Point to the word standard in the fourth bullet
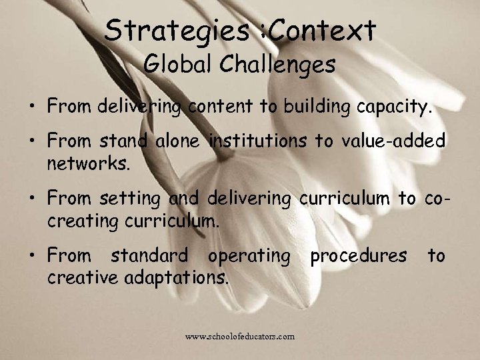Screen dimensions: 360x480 coord(150,255)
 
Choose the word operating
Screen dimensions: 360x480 coord(249,255)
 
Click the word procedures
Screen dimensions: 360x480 coord(357,255)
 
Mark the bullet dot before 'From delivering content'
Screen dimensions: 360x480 coord(31,105)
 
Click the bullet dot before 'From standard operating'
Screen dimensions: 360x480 coord(31,256)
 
